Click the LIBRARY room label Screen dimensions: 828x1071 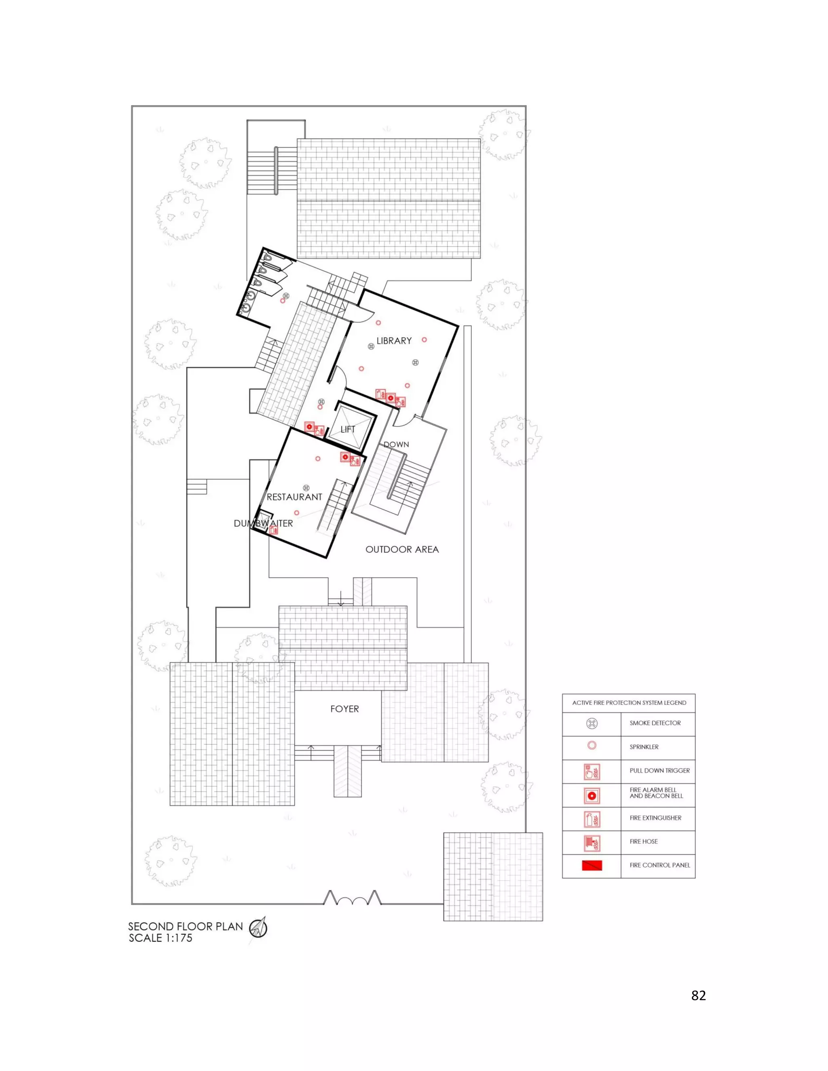coord(394,341)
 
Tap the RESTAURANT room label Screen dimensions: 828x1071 coord(294,497)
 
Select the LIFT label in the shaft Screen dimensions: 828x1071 coord(348,430)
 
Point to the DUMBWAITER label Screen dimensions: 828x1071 coord(264,523)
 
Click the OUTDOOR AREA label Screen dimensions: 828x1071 coord(402,550)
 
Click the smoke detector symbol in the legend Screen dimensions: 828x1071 coord(592,723)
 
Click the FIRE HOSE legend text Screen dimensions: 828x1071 coord(644,841)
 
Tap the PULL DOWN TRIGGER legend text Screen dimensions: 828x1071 coord(660,771)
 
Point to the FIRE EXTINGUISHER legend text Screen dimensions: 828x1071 coord(655,818)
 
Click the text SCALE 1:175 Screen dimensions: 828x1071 coord(161,938)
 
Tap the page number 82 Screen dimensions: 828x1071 coord(699,995)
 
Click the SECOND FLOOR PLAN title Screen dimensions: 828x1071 coord(186,926)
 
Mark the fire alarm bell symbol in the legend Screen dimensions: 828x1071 coord(592,795)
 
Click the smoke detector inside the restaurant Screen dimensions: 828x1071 coord(306,488)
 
